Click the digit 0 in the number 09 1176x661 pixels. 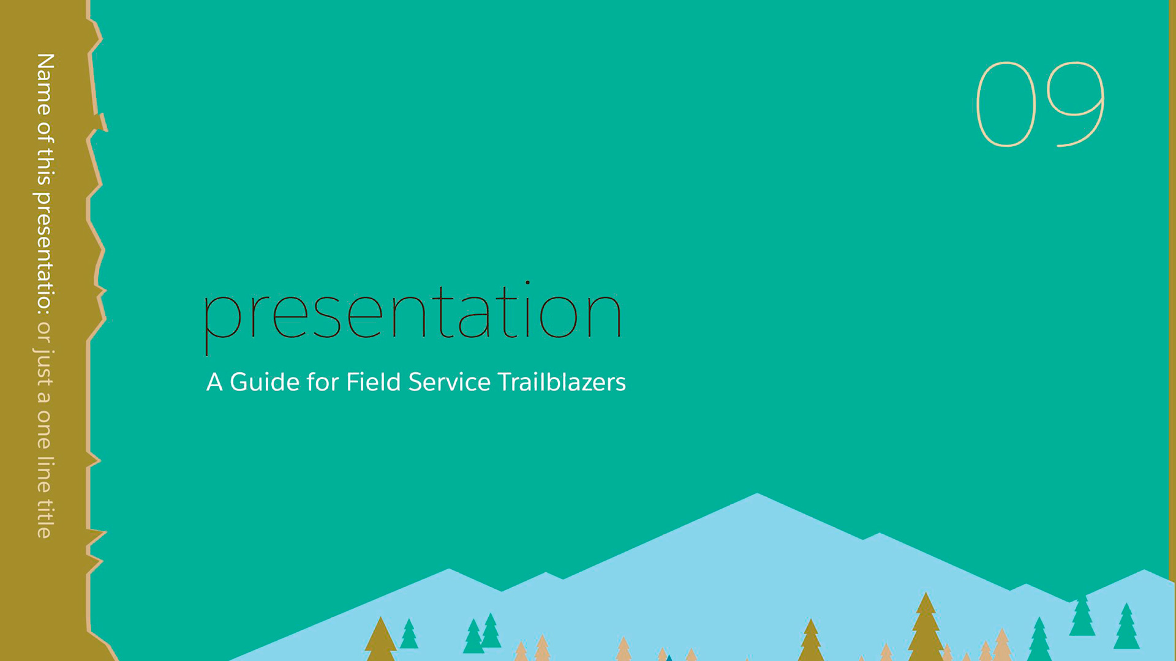point(977,104)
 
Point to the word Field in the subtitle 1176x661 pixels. point(373,381)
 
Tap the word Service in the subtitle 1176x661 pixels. point(450,382)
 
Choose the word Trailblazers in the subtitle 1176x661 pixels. point(562,381)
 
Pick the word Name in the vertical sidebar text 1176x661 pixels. point(45,84)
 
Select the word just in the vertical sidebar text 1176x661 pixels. point(43,368)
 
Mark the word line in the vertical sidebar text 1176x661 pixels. point(45,474)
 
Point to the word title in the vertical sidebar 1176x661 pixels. point(45,519)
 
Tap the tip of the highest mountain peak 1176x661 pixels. point(757,493)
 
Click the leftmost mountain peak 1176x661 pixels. point(449,569)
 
